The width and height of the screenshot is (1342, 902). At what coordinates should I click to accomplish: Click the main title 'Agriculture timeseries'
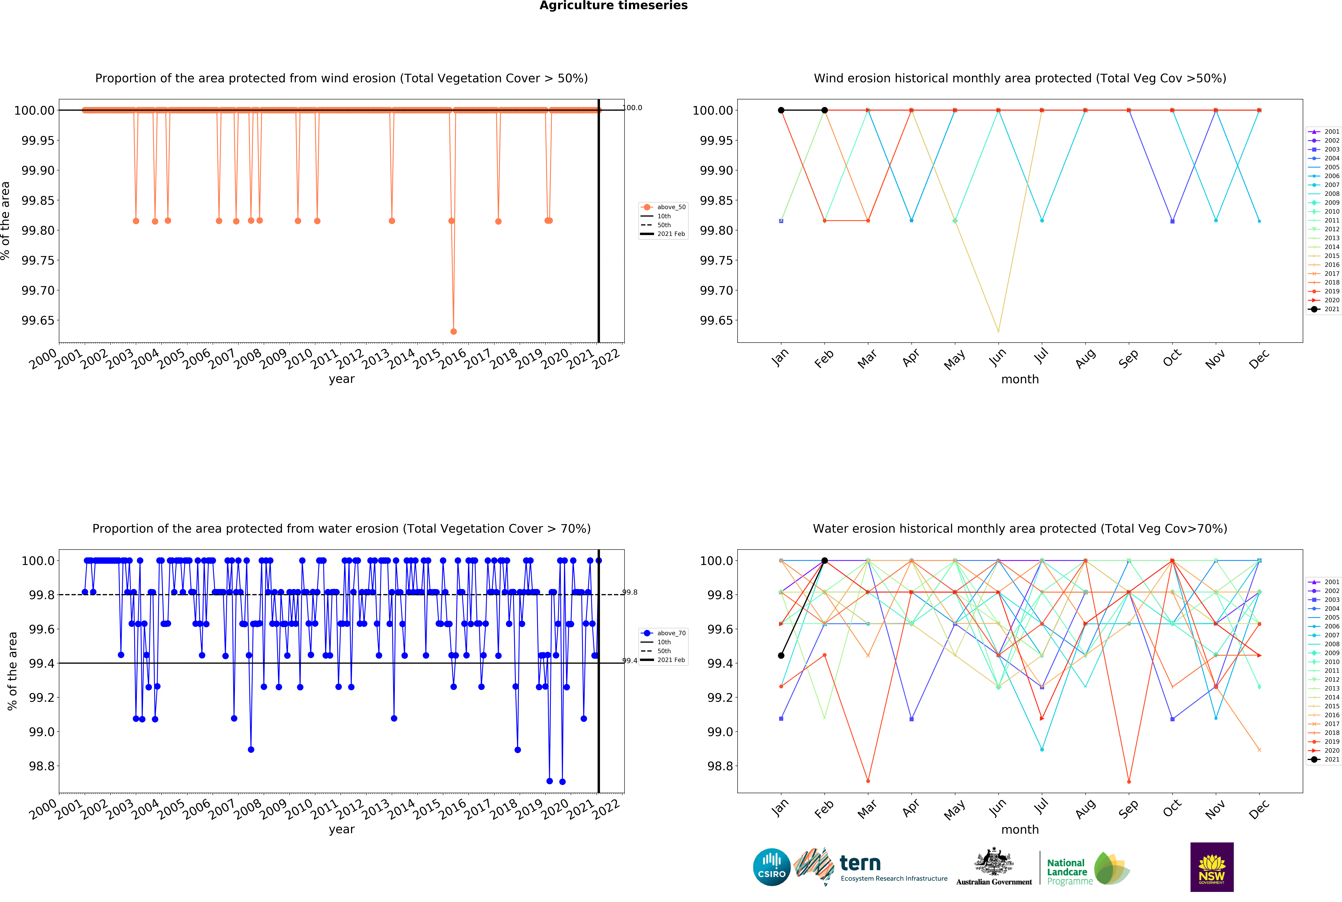tap(613, 6)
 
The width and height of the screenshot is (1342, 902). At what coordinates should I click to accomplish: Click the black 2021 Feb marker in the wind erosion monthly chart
tap(824, 110)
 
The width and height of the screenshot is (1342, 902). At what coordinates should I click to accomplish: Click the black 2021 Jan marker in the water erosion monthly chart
tap(781, 655)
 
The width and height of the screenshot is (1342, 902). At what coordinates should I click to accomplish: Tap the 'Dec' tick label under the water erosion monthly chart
tap(1259, 809)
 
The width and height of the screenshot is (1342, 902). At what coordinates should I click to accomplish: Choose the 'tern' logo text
tap(860, 863)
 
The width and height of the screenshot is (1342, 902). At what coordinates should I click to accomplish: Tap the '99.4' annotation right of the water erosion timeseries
tap(630, 661)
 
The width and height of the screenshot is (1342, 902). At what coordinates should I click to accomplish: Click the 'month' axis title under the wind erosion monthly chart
tap(1020, 379)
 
